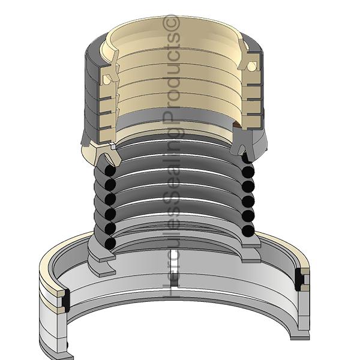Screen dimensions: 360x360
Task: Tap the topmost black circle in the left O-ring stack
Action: (110, 170)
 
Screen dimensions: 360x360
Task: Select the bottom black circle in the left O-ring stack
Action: (110, 244)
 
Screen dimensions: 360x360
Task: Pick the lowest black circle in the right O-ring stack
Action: (248, 231)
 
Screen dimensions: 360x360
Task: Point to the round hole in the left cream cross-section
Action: (106, 79)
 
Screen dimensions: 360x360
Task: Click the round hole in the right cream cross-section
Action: (251, 67)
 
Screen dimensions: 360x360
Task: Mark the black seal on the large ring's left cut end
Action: (66, 301)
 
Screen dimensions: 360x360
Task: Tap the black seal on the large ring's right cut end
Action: (299, 280)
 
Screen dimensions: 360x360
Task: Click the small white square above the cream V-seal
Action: (113, 146)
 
